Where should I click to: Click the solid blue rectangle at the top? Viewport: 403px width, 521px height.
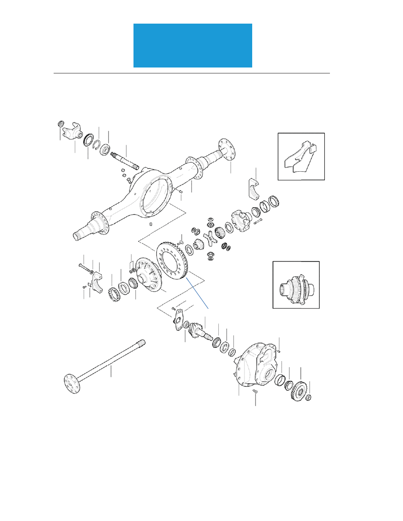coord(193,46)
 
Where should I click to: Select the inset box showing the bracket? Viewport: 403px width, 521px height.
coord(301,157)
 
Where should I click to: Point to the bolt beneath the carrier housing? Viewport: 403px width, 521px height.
coord(255,393)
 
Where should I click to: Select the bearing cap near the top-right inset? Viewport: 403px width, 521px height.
coord(255,187)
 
